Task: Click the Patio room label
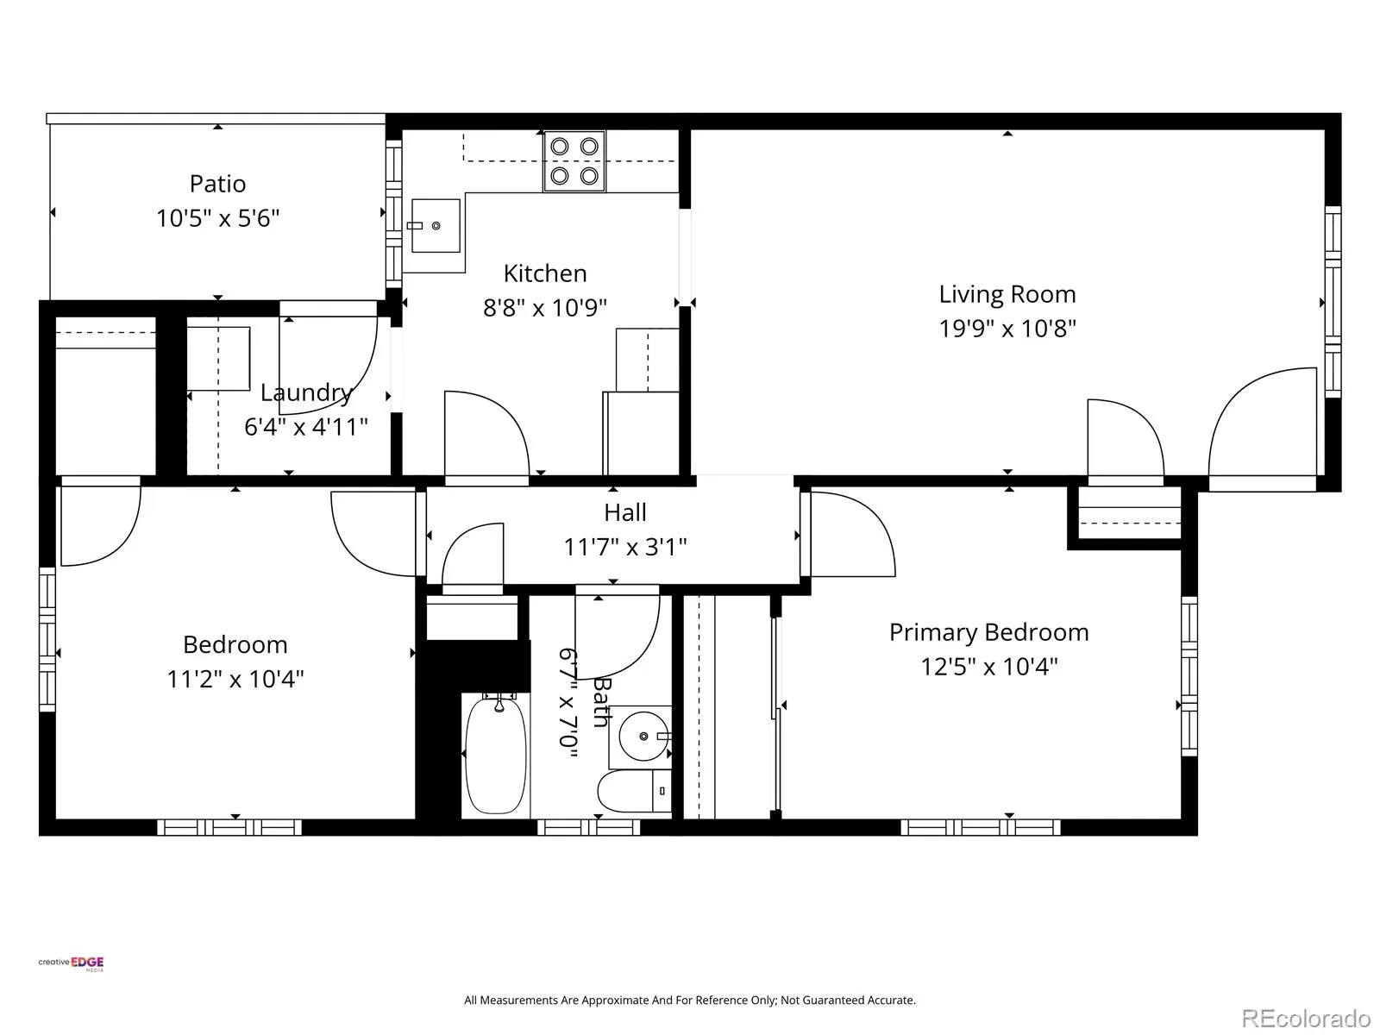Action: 217,184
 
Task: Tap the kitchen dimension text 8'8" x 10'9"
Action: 544,307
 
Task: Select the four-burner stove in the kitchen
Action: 574,161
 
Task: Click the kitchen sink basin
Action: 436,226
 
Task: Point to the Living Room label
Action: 1007,294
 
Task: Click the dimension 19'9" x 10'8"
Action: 1007,328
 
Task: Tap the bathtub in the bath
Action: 495,755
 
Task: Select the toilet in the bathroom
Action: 634,791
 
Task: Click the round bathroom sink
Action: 643,736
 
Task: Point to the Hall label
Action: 625,512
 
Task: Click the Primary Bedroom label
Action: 989,631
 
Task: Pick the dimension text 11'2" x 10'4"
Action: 235,679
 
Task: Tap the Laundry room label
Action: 306,392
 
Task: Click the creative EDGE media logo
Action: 71,963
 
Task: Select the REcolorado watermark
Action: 1306,1018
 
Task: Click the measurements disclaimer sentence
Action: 690,1000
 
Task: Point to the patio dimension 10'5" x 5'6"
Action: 217,218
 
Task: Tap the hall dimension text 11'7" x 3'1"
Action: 625,547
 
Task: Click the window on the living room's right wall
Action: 1333,302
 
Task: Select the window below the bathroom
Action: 588,827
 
